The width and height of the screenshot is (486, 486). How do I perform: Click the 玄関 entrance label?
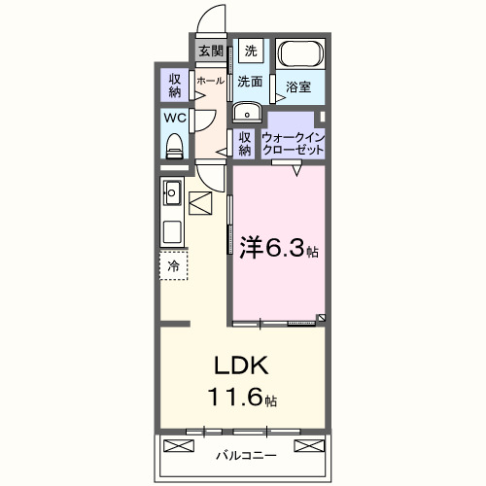pos(211,52)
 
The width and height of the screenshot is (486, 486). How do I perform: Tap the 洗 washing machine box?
pos(251,51)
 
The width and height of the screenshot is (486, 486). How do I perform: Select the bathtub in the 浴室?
pos(301,56)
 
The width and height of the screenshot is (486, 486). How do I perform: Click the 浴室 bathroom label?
pos(298,87)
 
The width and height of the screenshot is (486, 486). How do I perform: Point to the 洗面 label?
pos(251,82)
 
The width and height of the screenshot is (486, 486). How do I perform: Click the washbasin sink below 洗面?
pos(245,109)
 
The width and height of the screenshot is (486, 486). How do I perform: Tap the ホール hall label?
pos(210,82)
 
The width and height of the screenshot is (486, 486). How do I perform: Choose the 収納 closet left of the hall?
pos(175,84)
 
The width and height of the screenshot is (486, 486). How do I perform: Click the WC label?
pos(175,118)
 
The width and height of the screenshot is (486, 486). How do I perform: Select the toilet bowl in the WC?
pos(175,146)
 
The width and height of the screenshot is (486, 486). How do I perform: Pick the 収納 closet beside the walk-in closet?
pos(245,143)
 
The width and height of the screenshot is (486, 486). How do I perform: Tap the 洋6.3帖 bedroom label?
pos(278,248)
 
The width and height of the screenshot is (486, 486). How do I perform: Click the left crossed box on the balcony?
pos(180,446)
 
